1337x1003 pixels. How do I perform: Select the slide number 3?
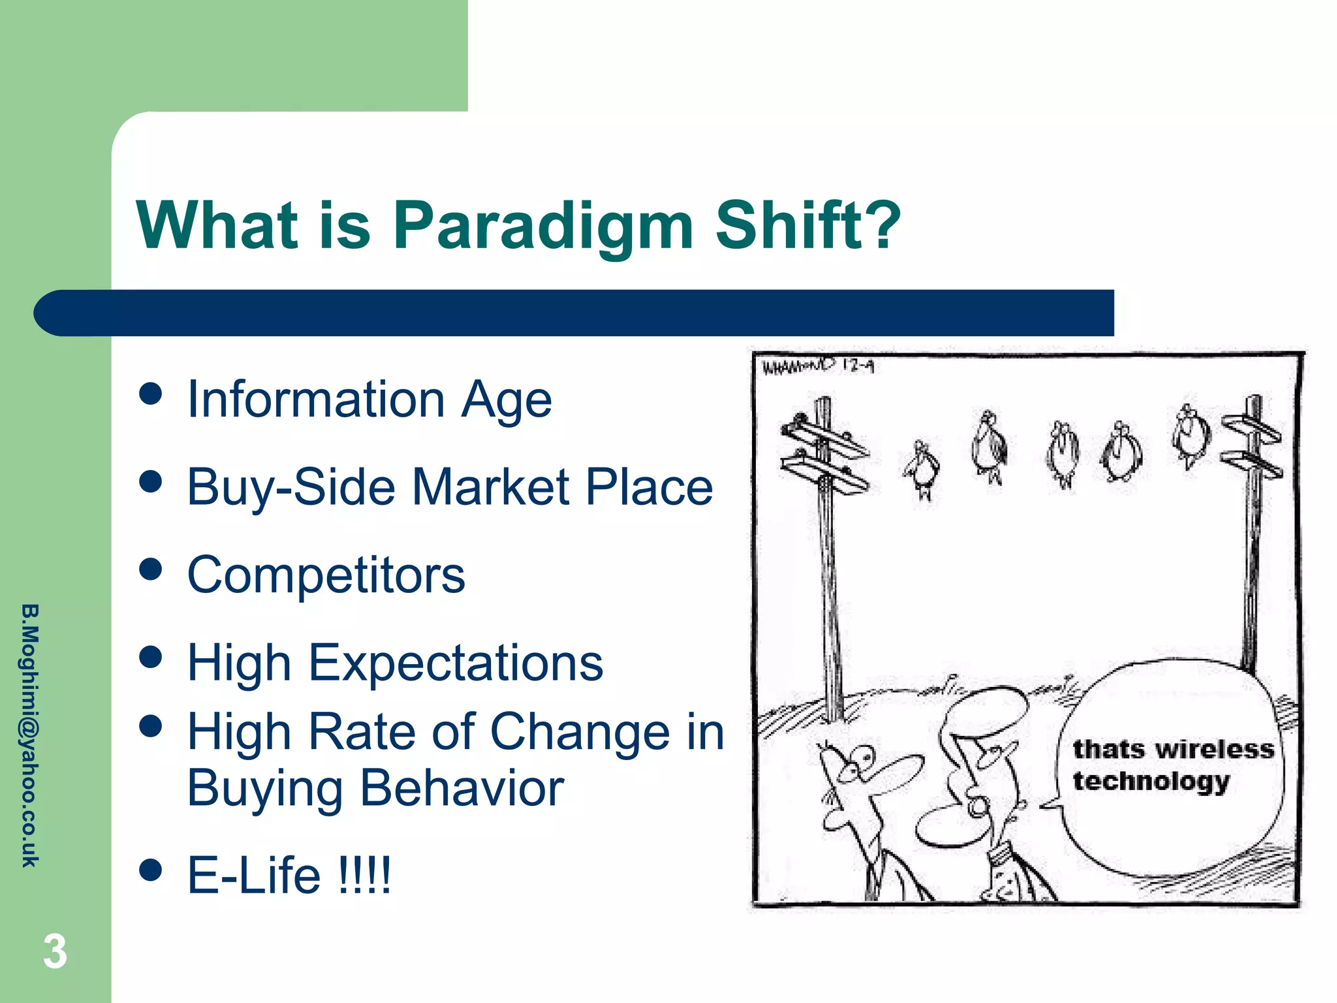tap(55, 951)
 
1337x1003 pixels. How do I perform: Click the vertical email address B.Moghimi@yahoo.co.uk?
tap(30, 735)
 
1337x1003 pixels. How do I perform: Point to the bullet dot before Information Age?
tap(151, 394)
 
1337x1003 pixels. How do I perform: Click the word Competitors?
tap(326, 575)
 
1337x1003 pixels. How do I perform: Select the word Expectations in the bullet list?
tap(455, 663)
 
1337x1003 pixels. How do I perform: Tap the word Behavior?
tap(462, 788)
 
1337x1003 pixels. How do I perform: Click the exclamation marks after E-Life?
tap(365, 875)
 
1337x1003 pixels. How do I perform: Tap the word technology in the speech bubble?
tap(1151, 781)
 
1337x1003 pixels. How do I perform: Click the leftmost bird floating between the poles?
tap(922, 467)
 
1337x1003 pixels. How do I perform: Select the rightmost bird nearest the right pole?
tap(1189, 434)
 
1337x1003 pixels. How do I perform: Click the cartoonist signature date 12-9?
tap(857, 366)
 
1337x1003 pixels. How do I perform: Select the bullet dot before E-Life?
tap(151, 870)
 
